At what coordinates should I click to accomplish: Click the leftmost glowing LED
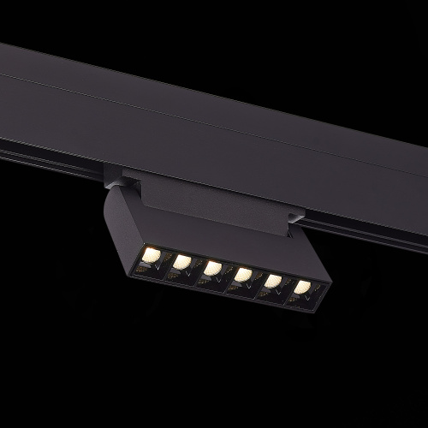(x=152, y=253)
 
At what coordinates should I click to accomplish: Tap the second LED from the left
(x=182, y=261)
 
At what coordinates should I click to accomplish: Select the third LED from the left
(x=212, y=268)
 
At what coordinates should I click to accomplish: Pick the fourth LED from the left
(x=243, y=275)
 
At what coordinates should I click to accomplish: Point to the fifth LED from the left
(x=273, y=281)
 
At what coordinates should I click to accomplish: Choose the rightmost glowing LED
(x=302, y=287)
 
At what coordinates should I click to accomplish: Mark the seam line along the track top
(x=214, y=108)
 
